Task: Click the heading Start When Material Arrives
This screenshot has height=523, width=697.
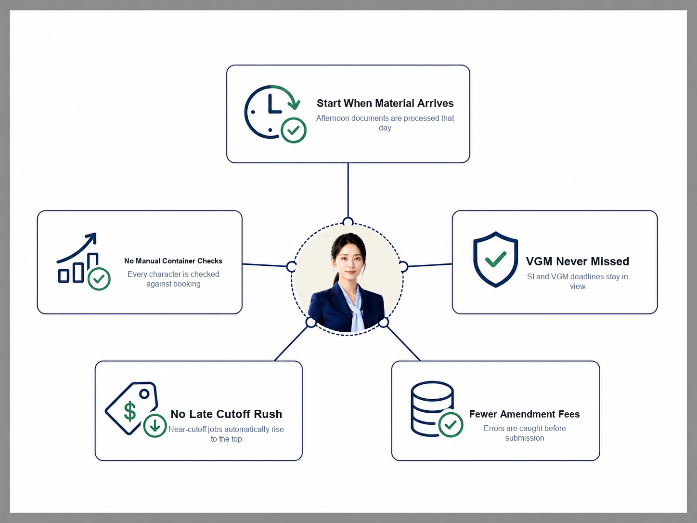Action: (385, 103)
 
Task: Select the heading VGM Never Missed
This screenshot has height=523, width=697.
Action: (577, 261)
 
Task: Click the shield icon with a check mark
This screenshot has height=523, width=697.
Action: (495, 260)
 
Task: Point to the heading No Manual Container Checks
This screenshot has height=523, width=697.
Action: (173, 261)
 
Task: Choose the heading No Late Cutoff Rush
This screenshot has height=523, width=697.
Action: (226, 414)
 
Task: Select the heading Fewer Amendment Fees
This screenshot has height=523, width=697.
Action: (525, 414)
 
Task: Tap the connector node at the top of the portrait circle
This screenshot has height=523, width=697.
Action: (348, 222)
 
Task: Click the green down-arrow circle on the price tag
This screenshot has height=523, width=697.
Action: (155, 426)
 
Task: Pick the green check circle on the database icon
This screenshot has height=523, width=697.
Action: (451, 425)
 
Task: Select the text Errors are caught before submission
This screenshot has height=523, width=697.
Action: (525, 433)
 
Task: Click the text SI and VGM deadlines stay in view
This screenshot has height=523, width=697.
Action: (577, 281)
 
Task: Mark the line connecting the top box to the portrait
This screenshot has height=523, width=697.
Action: (348, 190)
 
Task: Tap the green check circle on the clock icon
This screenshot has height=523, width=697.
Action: (294, 130)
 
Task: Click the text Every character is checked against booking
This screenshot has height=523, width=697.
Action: (173, 279)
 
